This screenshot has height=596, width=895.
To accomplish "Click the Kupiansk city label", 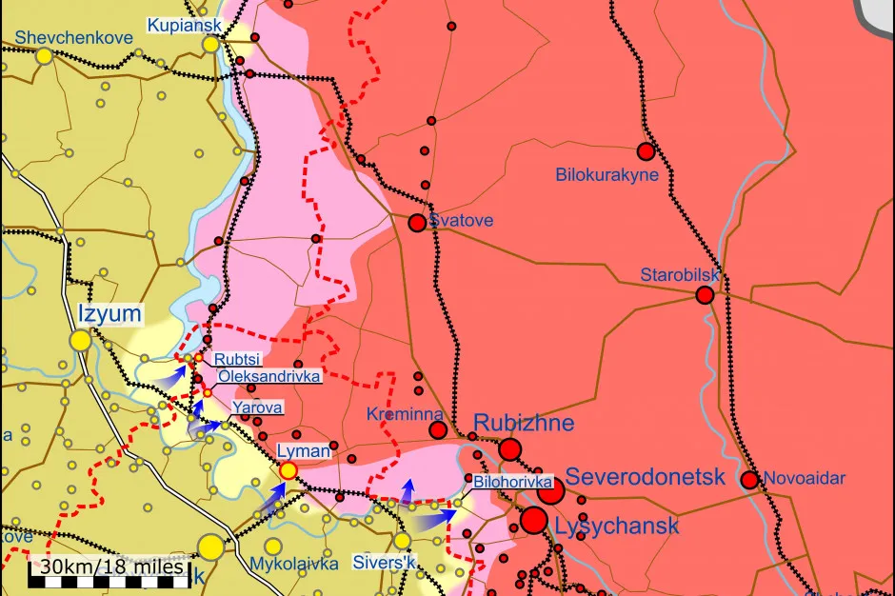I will (183, 25).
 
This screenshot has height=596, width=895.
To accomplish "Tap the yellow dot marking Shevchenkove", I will (44, 56).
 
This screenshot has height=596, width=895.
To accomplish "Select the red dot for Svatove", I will (417, 223).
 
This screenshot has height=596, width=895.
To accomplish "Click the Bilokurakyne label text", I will (607, 175).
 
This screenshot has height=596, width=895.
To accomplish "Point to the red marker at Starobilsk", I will (705, 295).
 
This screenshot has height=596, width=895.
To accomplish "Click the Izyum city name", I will (109, 314).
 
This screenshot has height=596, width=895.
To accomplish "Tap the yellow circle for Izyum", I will (80, 340).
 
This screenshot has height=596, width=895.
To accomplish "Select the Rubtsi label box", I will (237, 359).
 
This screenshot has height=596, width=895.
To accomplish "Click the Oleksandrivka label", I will (269, 376).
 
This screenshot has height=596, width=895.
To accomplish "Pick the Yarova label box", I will (257, 407).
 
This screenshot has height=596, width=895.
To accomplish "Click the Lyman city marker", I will (288, 469).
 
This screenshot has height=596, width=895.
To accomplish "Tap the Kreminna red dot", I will (438, 430).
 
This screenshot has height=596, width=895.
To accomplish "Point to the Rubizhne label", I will (524, 422).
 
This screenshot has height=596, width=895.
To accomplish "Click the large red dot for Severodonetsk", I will (549, 491).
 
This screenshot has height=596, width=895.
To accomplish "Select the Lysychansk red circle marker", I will (534, 520).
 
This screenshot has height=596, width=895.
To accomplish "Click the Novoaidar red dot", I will (749, 480).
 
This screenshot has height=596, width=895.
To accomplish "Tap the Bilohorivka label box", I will (513, 482).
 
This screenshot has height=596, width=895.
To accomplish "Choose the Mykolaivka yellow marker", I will (273, 546).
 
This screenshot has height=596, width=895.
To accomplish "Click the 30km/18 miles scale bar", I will (108, 568).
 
